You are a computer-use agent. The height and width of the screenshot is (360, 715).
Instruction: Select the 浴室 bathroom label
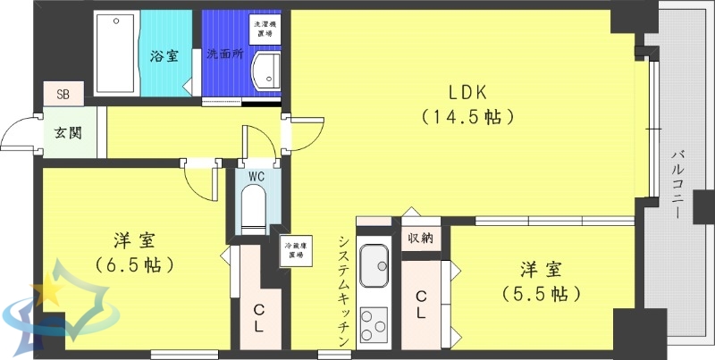164,56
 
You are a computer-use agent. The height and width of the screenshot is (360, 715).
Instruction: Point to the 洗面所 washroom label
225,54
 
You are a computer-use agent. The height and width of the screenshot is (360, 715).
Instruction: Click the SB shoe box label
63,92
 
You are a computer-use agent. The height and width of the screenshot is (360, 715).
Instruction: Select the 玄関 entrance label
67,133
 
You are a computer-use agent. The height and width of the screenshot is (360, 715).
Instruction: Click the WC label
257,176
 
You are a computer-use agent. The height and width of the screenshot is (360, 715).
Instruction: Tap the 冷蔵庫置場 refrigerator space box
292,250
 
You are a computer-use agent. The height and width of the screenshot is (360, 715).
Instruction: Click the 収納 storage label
421,238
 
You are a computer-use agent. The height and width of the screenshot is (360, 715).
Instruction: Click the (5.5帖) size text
542,292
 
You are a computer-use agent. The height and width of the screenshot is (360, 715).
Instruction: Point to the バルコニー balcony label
679,188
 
